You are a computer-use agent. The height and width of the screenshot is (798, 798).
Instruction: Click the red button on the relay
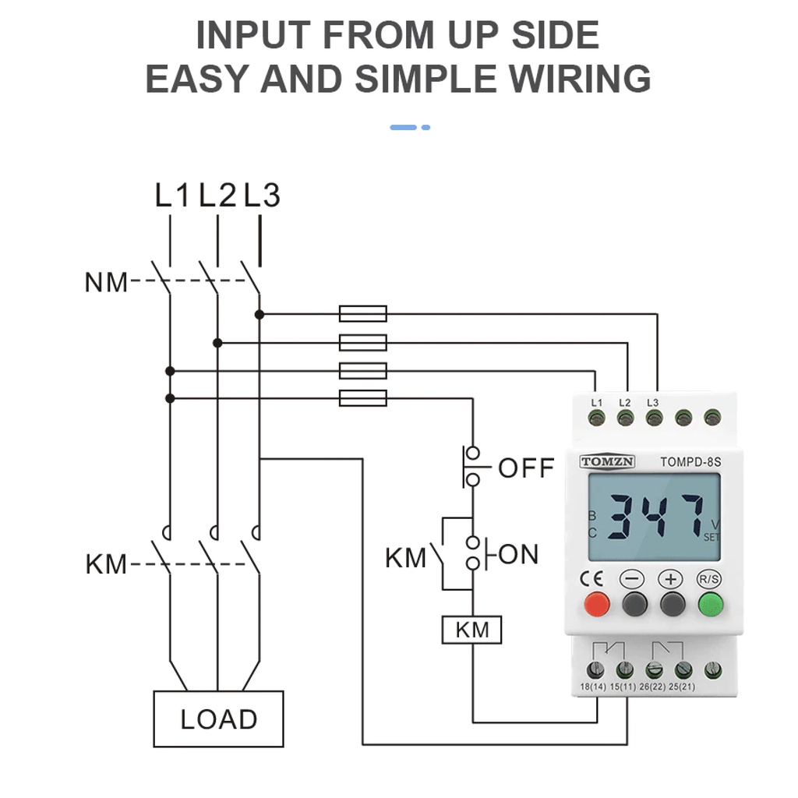pyautogui.click(x=597, y=604)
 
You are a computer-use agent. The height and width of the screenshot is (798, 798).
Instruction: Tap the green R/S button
pyautogui.click(x=709, y=604)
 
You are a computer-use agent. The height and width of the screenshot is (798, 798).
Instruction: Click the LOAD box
pyautogui.click(x=218, y=719)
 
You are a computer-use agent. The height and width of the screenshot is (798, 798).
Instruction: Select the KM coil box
pyautogui.click(x=471, y=630)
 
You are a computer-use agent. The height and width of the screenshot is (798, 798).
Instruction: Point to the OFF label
pyautogui.click(x=526, y=468)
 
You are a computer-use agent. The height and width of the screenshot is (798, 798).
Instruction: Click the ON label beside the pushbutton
pyautogui.click(x=518, y=555)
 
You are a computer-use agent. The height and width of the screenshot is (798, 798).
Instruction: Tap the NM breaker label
pyautogui.click(x=105, y=282)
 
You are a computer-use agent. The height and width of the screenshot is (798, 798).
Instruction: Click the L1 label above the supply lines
pyautogui.click(x=172, y=196)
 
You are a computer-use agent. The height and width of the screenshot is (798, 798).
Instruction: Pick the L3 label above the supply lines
pyautogui.click(x=262, y=196)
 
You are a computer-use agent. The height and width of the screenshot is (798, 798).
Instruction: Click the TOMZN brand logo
pyautogui.click(x=608, y=461)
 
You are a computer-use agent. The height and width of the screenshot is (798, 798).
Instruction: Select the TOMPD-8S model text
pyautogui.click(x=690, y=461)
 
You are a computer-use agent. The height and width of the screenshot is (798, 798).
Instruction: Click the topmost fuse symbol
pyautogui.click(x=363, y=314)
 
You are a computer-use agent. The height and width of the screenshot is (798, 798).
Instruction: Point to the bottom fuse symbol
pyautogui.click(x=363, y=398)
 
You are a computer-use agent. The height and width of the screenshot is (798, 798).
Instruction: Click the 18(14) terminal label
pyautogui.click(x=593, y=687)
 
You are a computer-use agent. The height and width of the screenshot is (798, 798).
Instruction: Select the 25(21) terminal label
pyautogui.click(x=682, y=687)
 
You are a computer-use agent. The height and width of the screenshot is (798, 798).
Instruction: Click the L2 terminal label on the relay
pyautogui.click(x=624, y=402)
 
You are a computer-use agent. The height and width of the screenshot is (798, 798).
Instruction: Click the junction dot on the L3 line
pyautogui.click(x=260, y=314)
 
